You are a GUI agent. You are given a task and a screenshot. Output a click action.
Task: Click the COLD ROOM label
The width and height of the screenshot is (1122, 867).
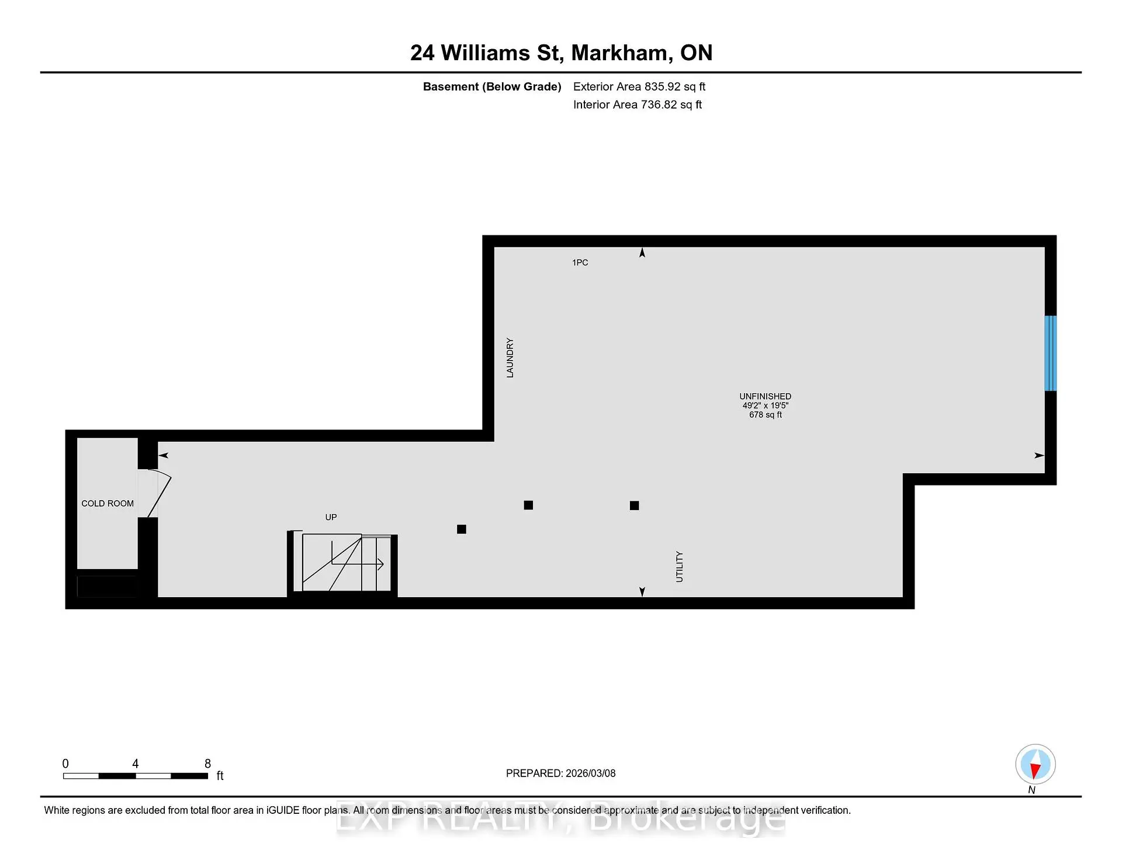108,504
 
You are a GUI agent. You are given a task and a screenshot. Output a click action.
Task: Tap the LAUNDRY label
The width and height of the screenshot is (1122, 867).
510,358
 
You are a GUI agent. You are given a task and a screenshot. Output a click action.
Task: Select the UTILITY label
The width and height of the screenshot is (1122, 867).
679,567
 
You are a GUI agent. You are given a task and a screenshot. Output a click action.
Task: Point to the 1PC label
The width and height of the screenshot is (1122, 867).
580,263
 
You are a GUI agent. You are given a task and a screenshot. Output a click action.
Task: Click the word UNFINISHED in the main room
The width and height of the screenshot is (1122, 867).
765,396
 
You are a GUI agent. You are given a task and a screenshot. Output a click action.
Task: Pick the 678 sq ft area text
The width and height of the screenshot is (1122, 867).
766,415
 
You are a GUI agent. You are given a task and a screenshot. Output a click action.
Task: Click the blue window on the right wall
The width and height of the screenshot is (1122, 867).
1050,353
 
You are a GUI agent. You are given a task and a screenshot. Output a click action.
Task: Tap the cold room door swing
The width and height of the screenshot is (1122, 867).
159,494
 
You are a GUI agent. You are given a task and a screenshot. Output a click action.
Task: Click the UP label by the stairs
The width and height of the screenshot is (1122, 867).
331,517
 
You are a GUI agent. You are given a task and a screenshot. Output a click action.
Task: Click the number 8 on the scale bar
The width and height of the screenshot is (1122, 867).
207,764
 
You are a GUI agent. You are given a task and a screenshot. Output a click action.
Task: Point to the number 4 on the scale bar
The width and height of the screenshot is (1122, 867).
136,764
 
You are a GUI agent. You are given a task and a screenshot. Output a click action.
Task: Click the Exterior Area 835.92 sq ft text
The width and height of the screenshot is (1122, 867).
639,86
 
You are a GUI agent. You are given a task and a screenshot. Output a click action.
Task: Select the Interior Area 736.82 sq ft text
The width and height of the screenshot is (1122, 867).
638,105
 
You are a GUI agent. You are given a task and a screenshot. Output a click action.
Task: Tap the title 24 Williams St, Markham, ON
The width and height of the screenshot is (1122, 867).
561,53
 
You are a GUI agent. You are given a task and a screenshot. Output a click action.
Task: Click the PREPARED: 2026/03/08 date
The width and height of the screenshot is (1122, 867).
561,774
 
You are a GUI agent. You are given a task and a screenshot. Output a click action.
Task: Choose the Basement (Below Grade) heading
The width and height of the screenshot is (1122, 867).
492,86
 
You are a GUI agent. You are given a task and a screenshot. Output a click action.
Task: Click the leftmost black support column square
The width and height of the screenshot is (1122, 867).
462,529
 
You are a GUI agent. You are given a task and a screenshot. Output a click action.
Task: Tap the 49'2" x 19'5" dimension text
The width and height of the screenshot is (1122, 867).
766,405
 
